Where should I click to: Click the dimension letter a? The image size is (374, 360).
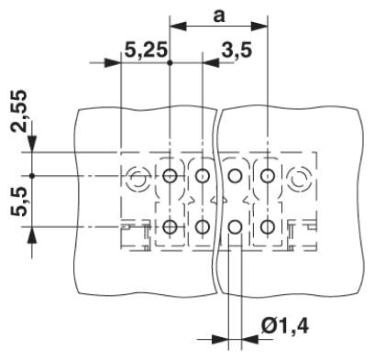tap(219, 16)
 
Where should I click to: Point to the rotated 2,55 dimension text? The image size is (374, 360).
tap(18, 111)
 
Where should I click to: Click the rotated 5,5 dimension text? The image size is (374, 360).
tap(18, 202)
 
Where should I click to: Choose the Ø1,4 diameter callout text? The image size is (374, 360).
tap(285, 326)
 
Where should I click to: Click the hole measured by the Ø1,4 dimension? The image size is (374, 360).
tap(235, 226)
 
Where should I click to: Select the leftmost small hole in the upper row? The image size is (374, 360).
tap(170, 176)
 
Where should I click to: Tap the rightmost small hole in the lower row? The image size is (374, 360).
tap(268, 226)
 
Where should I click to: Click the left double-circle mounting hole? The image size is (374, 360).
tap(137, 177)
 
